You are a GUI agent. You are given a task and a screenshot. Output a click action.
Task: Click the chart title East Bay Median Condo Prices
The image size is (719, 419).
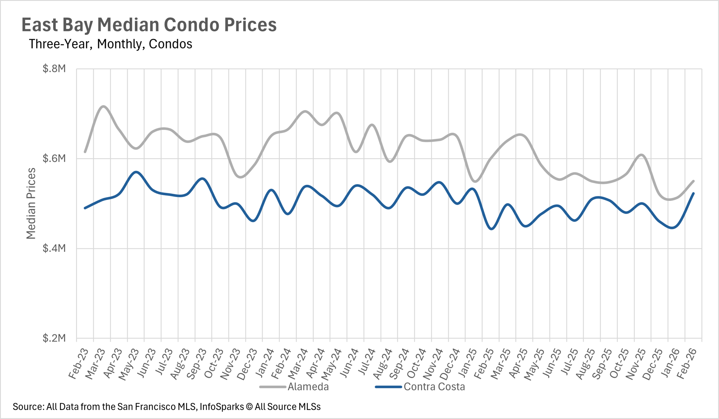149,25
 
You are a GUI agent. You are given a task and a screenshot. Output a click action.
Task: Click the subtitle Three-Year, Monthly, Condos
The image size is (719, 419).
110,44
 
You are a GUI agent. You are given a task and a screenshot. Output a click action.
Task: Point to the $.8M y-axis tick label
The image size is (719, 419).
54,69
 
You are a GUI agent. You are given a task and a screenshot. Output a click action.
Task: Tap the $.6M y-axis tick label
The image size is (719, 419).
54,159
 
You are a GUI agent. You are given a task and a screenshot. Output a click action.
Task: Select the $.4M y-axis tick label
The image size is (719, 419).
54,248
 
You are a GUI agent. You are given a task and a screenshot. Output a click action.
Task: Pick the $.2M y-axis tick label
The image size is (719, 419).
54,338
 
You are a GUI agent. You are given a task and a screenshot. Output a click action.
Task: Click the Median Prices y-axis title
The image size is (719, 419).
31,203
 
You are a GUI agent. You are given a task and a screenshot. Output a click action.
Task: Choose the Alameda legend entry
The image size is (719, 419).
308,387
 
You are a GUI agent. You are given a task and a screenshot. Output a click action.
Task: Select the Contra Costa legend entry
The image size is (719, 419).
434,387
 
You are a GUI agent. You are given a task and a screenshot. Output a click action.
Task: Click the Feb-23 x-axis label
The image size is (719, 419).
78,363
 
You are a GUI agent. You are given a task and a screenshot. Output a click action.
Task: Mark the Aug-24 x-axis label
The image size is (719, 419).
382,364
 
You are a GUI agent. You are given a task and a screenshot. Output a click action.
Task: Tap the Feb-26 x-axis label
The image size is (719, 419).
686,363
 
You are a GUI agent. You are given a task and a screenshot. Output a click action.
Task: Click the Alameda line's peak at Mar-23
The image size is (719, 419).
103,106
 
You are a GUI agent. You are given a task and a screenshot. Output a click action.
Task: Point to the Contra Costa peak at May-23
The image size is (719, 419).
137,172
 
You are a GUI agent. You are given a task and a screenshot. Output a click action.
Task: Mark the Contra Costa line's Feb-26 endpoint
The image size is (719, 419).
694,193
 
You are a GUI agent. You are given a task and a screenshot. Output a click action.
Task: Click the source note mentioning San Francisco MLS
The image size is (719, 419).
167,407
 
